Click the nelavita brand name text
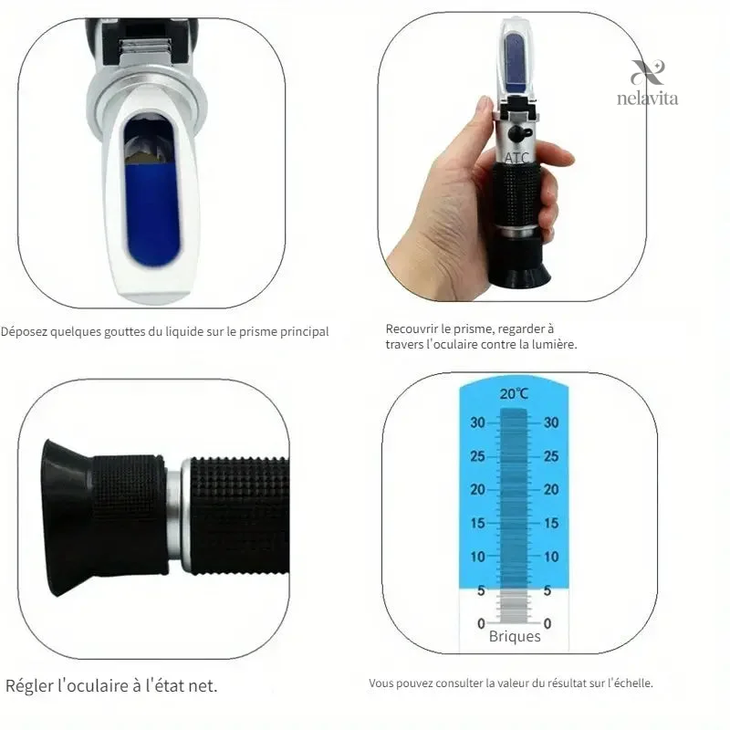647,99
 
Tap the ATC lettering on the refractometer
516,158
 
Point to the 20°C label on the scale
514,394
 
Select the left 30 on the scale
477,422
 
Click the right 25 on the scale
551,456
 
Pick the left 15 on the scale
477,523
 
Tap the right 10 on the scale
551,557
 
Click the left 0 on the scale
482,623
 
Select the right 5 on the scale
547,590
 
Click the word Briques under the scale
515,637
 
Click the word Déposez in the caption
25,332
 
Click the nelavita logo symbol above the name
648,73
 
